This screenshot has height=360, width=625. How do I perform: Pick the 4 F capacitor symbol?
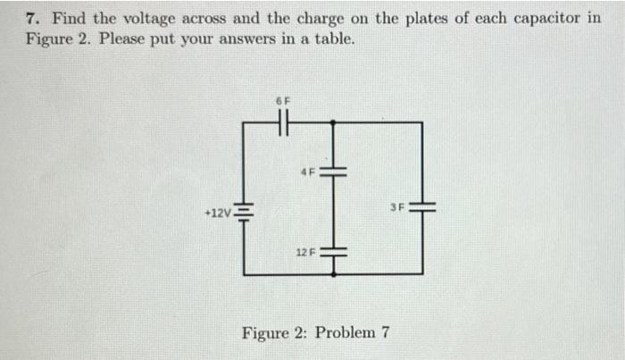333,170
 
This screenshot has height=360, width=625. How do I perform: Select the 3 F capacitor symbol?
422,207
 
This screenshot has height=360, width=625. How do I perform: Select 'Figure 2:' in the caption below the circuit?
273,333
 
